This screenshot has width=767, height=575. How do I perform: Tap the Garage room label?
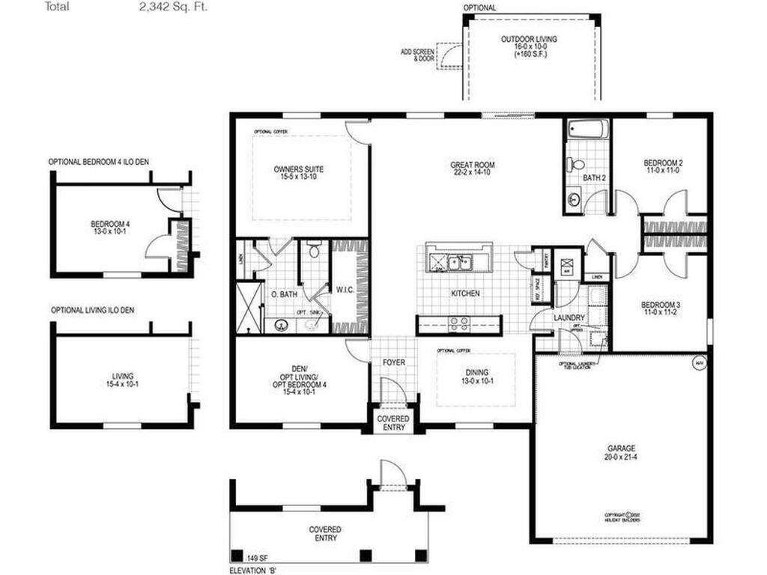622,449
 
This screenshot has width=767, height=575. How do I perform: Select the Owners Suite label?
299,169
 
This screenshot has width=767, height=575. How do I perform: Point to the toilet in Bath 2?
575,165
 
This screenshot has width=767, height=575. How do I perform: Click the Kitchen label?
464,293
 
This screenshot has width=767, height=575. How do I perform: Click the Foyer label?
394,362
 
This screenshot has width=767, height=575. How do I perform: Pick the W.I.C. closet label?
345,290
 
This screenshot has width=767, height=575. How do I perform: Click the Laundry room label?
569,317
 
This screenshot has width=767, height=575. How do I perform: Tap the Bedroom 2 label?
663,162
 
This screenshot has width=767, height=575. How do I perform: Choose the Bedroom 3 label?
661,305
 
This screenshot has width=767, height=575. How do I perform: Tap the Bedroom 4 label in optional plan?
110,224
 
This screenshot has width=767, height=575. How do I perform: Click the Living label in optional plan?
121,378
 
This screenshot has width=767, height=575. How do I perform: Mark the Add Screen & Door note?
417,55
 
